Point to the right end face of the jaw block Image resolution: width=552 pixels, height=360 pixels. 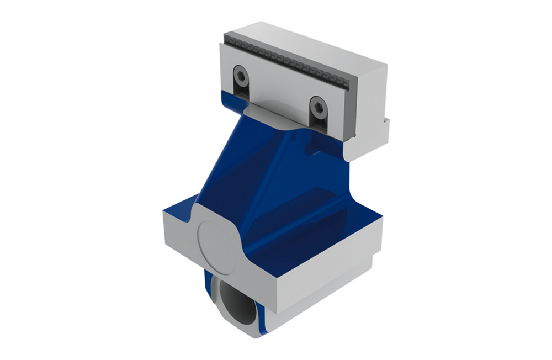[370, 105]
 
